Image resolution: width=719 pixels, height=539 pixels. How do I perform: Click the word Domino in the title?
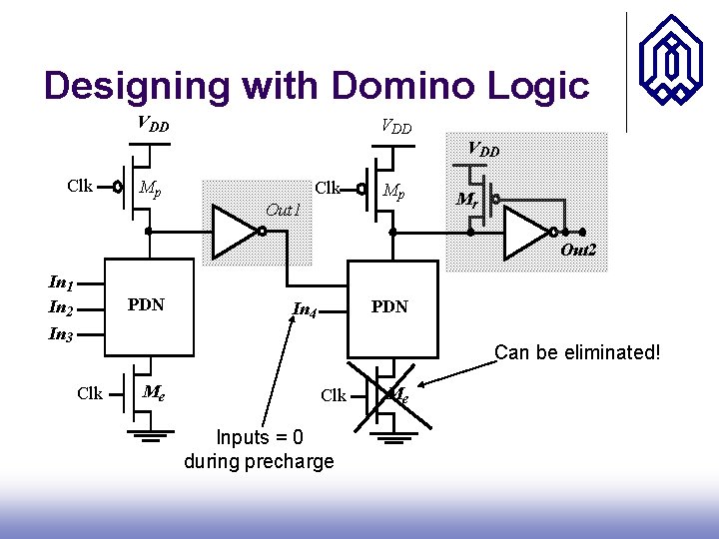395,86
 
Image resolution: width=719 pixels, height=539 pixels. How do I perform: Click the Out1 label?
283,210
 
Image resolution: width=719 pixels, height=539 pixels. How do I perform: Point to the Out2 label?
578,250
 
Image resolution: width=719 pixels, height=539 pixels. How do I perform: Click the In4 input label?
306,309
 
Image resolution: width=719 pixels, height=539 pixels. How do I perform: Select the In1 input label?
61,284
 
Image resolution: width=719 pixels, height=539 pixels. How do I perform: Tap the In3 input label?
61,334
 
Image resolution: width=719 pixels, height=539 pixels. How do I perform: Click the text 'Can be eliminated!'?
577,352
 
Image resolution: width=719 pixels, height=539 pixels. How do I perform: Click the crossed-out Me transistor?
392,395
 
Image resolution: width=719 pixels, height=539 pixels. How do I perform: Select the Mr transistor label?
465,200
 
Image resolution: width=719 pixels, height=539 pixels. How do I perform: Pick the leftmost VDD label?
153,126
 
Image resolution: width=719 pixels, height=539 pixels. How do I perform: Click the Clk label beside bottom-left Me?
90,393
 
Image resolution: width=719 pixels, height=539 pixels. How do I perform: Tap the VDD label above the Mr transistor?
483,150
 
